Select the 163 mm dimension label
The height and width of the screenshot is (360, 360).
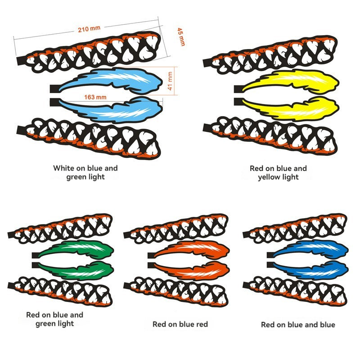[x=95, y=97]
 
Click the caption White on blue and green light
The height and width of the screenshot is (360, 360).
[x=85, y=172]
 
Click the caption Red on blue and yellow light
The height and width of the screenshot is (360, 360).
[x=278, y=172]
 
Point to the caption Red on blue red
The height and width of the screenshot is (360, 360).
[x=180, y=324]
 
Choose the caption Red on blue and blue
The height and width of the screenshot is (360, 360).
[x=298, y=324]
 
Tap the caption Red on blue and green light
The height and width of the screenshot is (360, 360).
[x=54, y=319]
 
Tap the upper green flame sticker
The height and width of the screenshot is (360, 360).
[x=79, y=249]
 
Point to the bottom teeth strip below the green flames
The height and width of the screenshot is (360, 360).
[x=61, y=287]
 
